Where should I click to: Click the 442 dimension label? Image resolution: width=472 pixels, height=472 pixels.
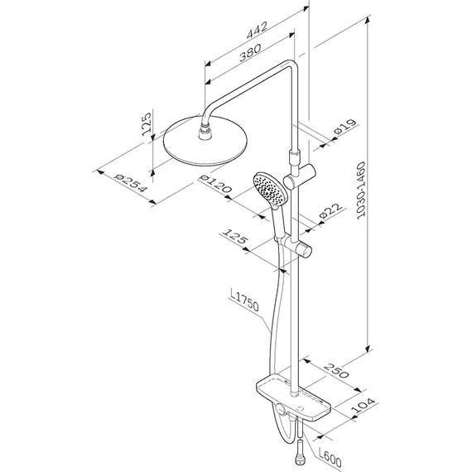257,30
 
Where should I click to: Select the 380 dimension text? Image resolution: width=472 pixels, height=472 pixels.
250,53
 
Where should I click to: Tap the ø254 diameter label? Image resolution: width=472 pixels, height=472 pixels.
131,183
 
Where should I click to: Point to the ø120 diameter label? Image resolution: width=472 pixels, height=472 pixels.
215,183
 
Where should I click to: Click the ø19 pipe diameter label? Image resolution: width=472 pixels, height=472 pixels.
345,127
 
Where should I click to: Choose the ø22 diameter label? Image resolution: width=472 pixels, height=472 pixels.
331,210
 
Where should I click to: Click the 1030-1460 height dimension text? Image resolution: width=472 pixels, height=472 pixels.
361,190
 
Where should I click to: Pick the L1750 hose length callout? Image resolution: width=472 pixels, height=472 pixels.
244,301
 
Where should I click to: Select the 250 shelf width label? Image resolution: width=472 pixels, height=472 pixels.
336,370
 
